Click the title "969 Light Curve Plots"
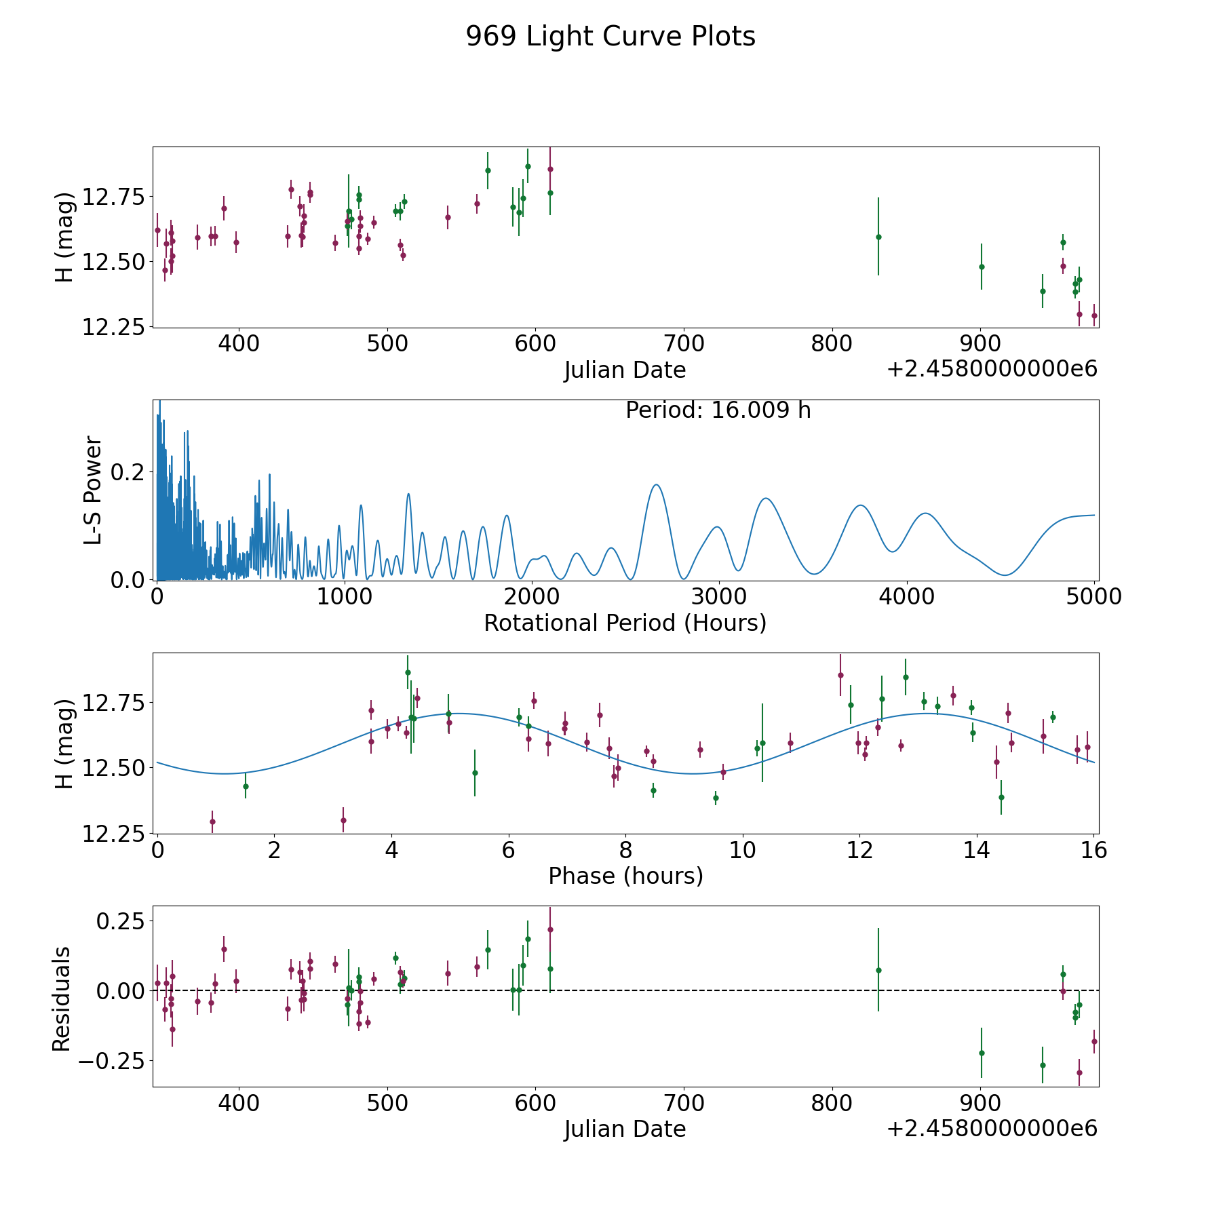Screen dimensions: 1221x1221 tap(610, 37)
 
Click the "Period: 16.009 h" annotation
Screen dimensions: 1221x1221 tap(718, 410)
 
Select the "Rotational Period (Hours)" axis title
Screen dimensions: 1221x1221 tap(625, 623)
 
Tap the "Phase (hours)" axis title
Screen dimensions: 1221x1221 tap(625, 876)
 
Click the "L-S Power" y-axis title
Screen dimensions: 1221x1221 tap(93, 490)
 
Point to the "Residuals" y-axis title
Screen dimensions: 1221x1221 tap(62, 999)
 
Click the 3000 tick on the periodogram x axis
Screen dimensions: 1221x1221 tap(718, 597)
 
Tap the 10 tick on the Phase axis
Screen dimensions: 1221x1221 tap(743, 850)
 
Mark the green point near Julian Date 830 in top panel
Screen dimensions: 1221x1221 tap(878, 237)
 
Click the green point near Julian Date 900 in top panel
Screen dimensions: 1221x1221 tap(982, 267)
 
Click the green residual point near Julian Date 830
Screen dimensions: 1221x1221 tap(878, 970)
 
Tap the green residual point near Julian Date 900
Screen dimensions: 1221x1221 tap(982, 1053)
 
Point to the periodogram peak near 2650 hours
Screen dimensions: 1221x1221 tap(656, 484)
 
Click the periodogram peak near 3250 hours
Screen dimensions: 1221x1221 tap(766, 499)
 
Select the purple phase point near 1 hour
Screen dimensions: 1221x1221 tap(212, 821)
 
